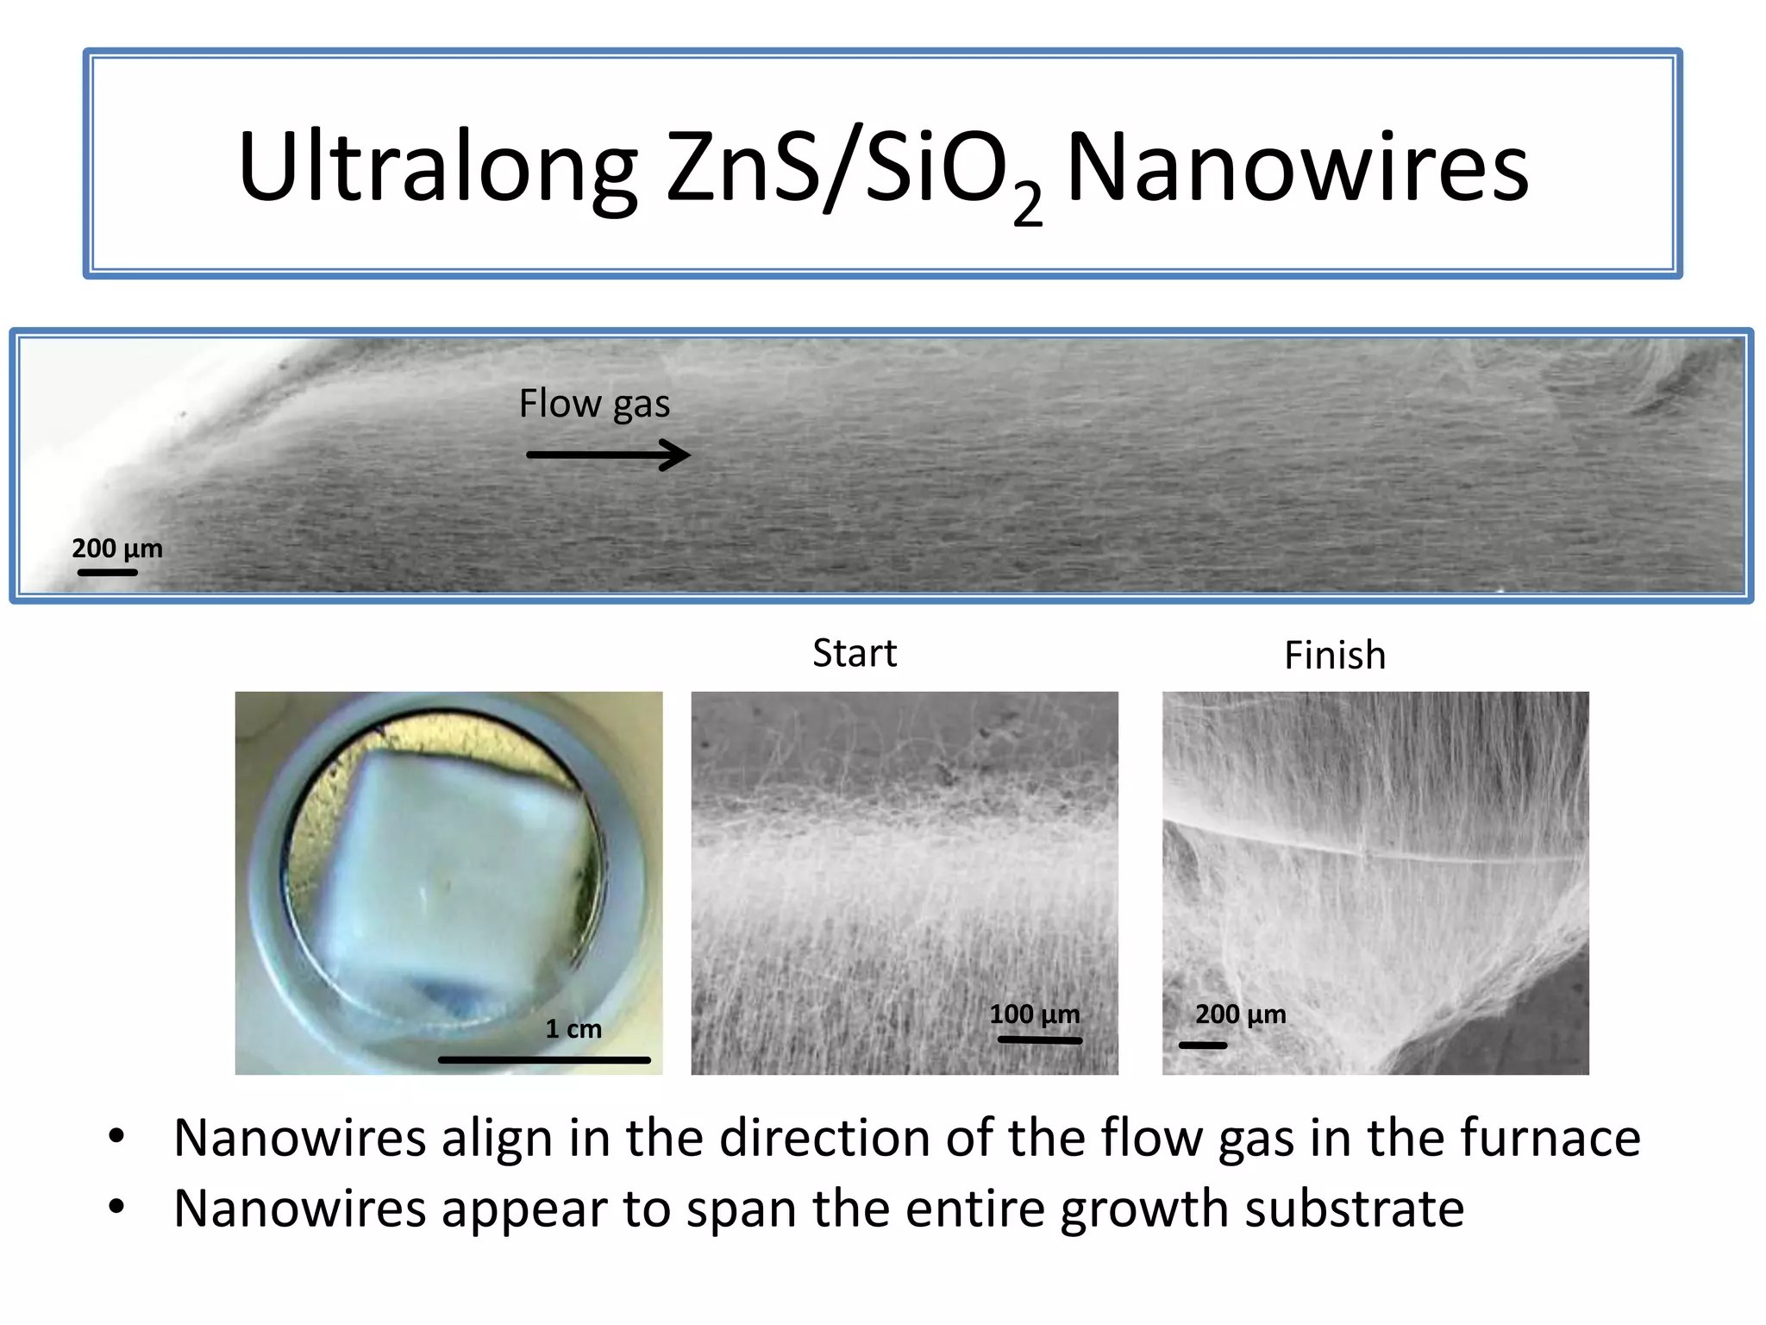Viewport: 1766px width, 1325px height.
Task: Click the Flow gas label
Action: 594,404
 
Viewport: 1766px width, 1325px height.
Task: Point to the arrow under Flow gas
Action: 608,455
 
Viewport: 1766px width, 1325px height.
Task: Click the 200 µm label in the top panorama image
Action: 117,549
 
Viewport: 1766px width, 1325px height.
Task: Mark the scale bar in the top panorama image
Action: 108,572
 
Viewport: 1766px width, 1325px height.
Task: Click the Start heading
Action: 855,654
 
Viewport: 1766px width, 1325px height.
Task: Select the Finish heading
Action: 1335,656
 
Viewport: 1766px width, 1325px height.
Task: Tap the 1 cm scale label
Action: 573,1029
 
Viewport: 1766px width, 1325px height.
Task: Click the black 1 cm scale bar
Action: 544,1059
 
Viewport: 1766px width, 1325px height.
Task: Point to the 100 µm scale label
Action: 1034,1014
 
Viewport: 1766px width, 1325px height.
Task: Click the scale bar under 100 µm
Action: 1039,1040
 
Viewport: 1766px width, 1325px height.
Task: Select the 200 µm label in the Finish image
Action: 1240,1014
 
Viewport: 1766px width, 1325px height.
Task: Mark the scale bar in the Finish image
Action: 1203,1046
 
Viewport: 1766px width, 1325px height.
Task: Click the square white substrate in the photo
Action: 448,871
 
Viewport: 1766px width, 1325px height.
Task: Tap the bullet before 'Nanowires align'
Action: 117,1136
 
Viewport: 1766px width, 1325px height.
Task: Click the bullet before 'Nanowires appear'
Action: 117,1206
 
